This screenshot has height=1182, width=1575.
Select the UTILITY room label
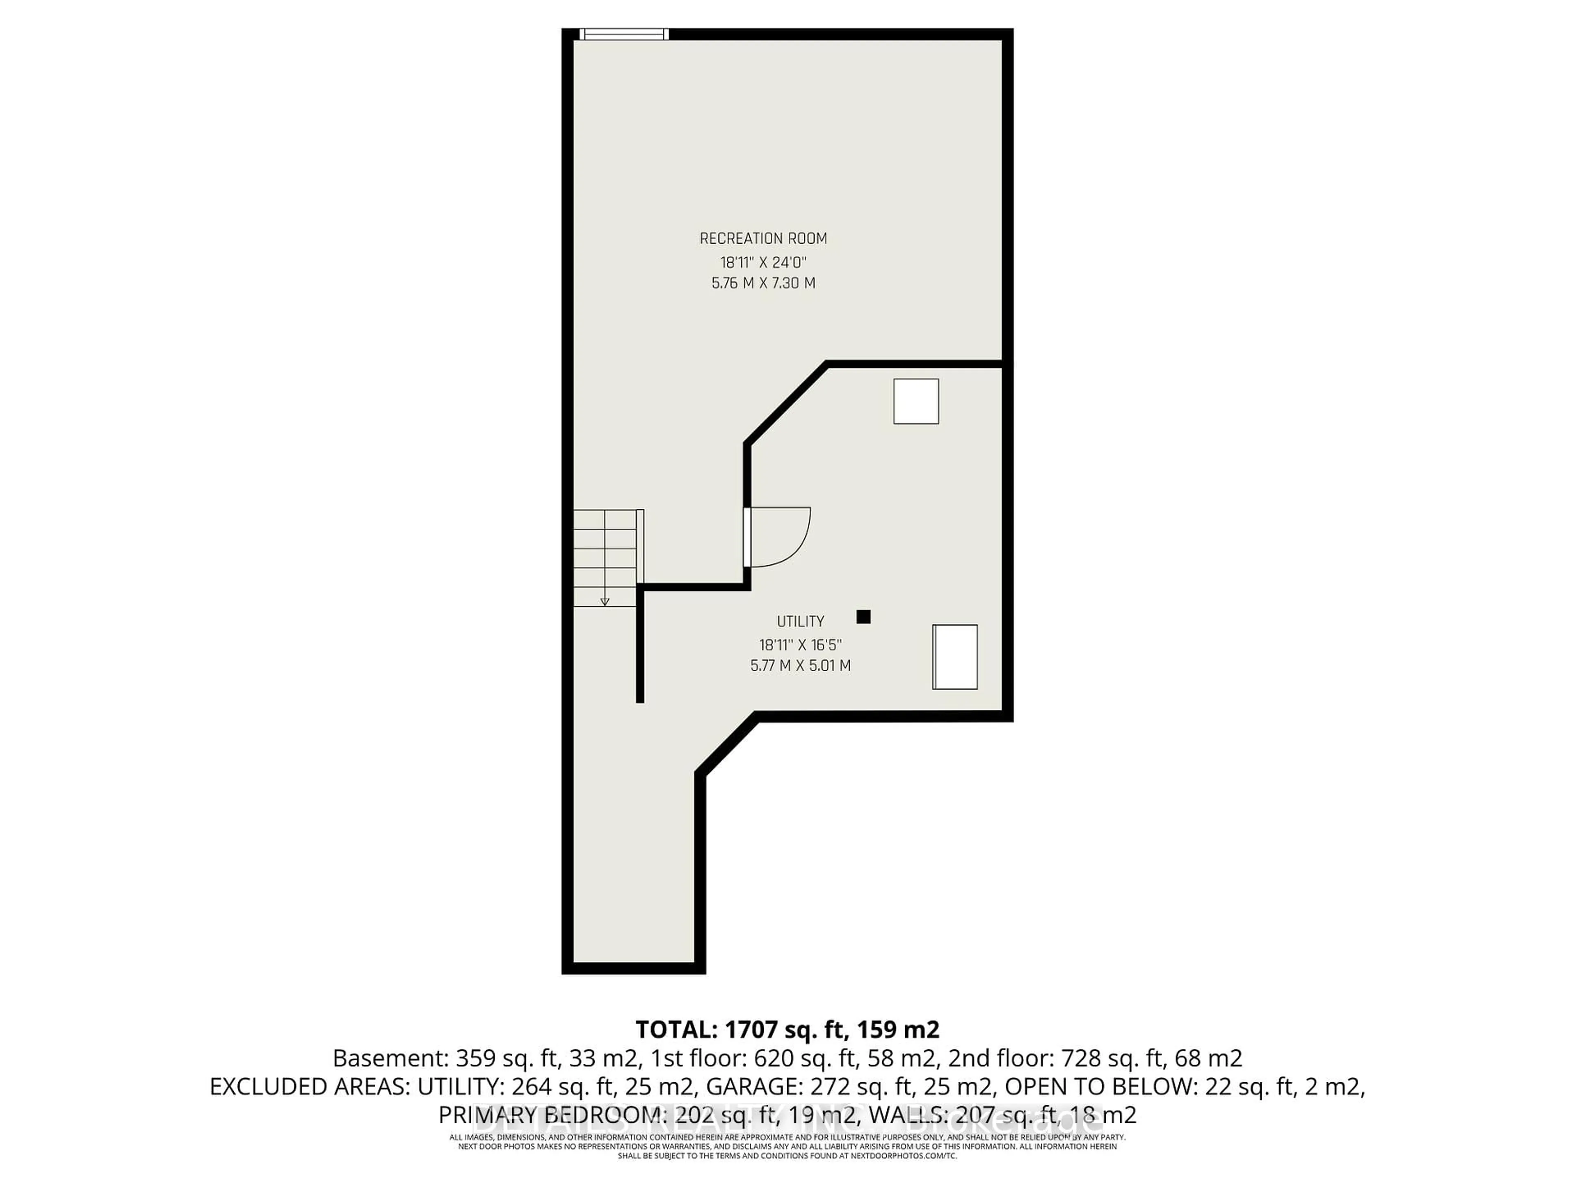coord(800,621)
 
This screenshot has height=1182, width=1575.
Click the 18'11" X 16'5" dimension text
coord(800,645)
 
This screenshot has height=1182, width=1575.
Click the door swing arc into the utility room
coord(783,538)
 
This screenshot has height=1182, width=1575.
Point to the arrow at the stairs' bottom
coord(605,601)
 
